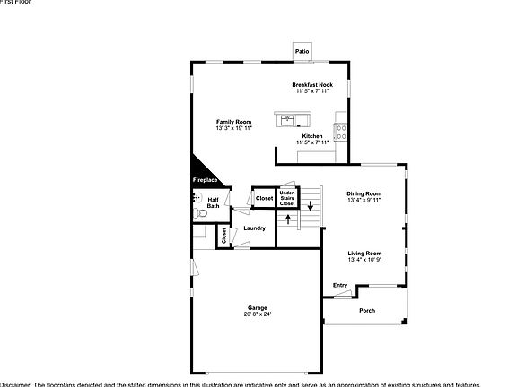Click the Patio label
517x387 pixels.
tap(302, 51)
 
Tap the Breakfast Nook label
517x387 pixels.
tap(311, 84)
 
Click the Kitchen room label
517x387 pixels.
tap(312, 136)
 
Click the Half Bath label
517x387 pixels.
tap(213, 203)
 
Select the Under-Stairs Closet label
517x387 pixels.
tap(287, 198)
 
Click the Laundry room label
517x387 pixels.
tap(254, 228)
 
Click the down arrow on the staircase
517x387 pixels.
tap(311, 205)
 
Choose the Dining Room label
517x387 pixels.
tap(364, 193)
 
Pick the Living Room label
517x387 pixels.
tap(364, 253)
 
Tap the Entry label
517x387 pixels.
tap(340, 285)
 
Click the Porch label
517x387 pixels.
tap(367, 310)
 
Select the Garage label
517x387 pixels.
tap(258, 308)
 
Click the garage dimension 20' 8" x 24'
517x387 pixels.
tap(258, 314)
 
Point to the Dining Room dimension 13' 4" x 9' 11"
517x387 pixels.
tap(364, 200)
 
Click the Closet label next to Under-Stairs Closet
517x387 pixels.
tap(264, 198)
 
